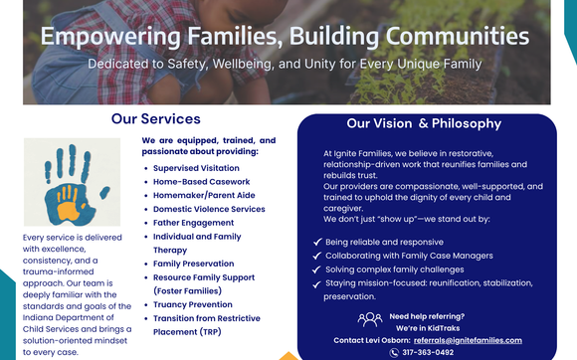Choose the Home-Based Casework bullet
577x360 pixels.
pyautogui.click(x=201, y=182)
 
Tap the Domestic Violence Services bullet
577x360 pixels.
pyautogui.click(x=209, y=209)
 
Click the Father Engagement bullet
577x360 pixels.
pyautogui.click(x=194, y=223)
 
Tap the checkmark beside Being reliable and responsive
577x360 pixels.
pyautogui.click(x=315, y=242)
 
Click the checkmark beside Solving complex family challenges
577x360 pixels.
pyautogui.click(x=315, y=270)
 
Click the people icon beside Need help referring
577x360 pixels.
pyautogui.click(x=369, y=319)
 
